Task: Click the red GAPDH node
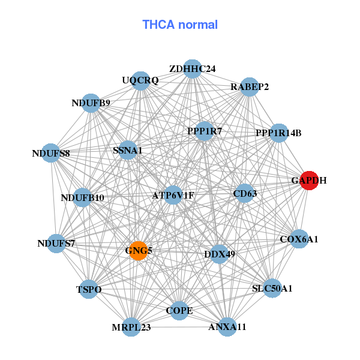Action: click(x=308, y=180)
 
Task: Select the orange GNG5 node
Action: click(x=138, y=250)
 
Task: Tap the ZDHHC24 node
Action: click(x=192, y=69)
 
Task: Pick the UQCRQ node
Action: click(x=140, y=81)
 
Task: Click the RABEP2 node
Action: click(x=250, y=87)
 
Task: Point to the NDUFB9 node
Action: click(x=91, y=103)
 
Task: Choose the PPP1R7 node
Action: click(x=205, y=131)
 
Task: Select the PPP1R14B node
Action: click(x=278, y=133)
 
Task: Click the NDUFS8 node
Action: click(x=52, y=153)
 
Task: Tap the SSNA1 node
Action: click(x=127, y=151)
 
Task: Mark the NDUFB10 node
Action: click(x=82, y=197)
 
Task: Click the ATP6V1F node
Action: click(x=173, y=195)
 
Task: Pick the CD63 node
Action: click(x=244, y=193)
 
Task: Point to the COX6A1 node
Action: click(x=299, y=239)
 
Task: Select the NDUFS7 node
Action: click(x=56, y=243)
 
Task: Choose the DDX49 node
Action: click(x=220, y=254)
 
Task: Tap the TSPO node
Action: click(x=89, y=289)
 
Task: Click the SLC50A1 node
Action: click(x=272, y=288)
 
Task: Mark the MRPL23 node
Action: click(x=131, y=327)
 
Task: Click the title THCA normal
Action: click(x=180, y=25)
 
